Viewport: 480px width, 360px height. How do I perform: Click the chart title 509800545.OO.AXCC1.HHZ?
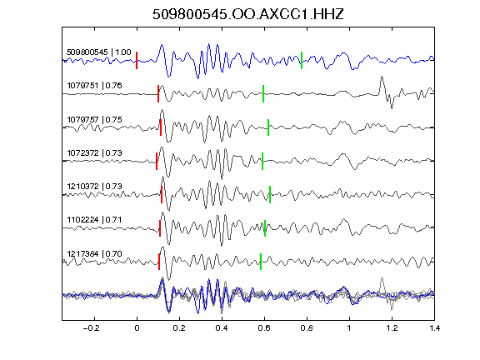[x=248, y=14]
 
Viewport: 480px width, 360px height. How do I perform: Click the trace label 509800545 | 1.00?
[x=99, y=52]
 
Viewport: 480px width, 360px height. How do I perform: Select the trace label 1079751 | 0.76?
[x=95, y=85]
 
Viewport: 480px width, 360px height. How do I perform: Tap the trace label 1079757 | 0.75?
[x=95, y=119]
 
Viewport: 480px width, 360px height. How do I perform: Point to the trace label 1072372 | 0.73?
[x=95, y=152]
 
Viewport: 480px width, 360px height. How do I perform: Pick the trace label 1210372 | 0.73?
[x=95, y=186]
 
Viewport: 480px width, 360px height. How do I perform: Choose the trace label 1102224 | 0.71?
[x=95, y=219]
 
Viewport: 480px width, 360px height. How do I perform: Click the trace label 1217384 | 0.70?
[x=95, y=254]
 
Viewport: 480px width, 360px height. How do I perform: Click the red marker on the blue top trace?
[x=137, y=60]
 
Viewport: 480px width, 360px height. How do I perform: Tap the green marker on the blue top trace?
[x=302, y=60]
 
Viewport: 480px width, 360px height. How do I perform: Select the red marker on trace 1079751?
[x=158, y=93]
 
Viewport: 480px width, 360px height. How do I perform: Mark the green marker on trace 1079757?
[x=268, y=127]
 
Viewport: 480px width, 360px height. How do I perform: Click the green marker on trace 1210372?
[x=270, y=194]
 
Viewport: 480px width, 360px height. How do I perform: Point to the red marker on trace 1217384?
[x=159, y=262]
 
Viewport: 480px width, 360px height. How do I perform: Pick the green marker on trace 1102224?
[x=265, y=228]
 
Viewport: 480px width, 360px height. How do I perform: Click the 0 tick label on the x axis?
[x=137, y=328]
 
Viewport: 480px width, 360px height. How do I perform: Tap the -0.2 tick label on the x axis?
[x=92, y=328]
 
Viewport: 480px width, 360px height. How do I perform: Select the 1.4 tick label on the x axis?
[x=434, y=328]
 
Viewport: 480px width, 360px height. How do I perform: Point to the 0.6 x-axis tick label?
[x=264, y=328]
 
